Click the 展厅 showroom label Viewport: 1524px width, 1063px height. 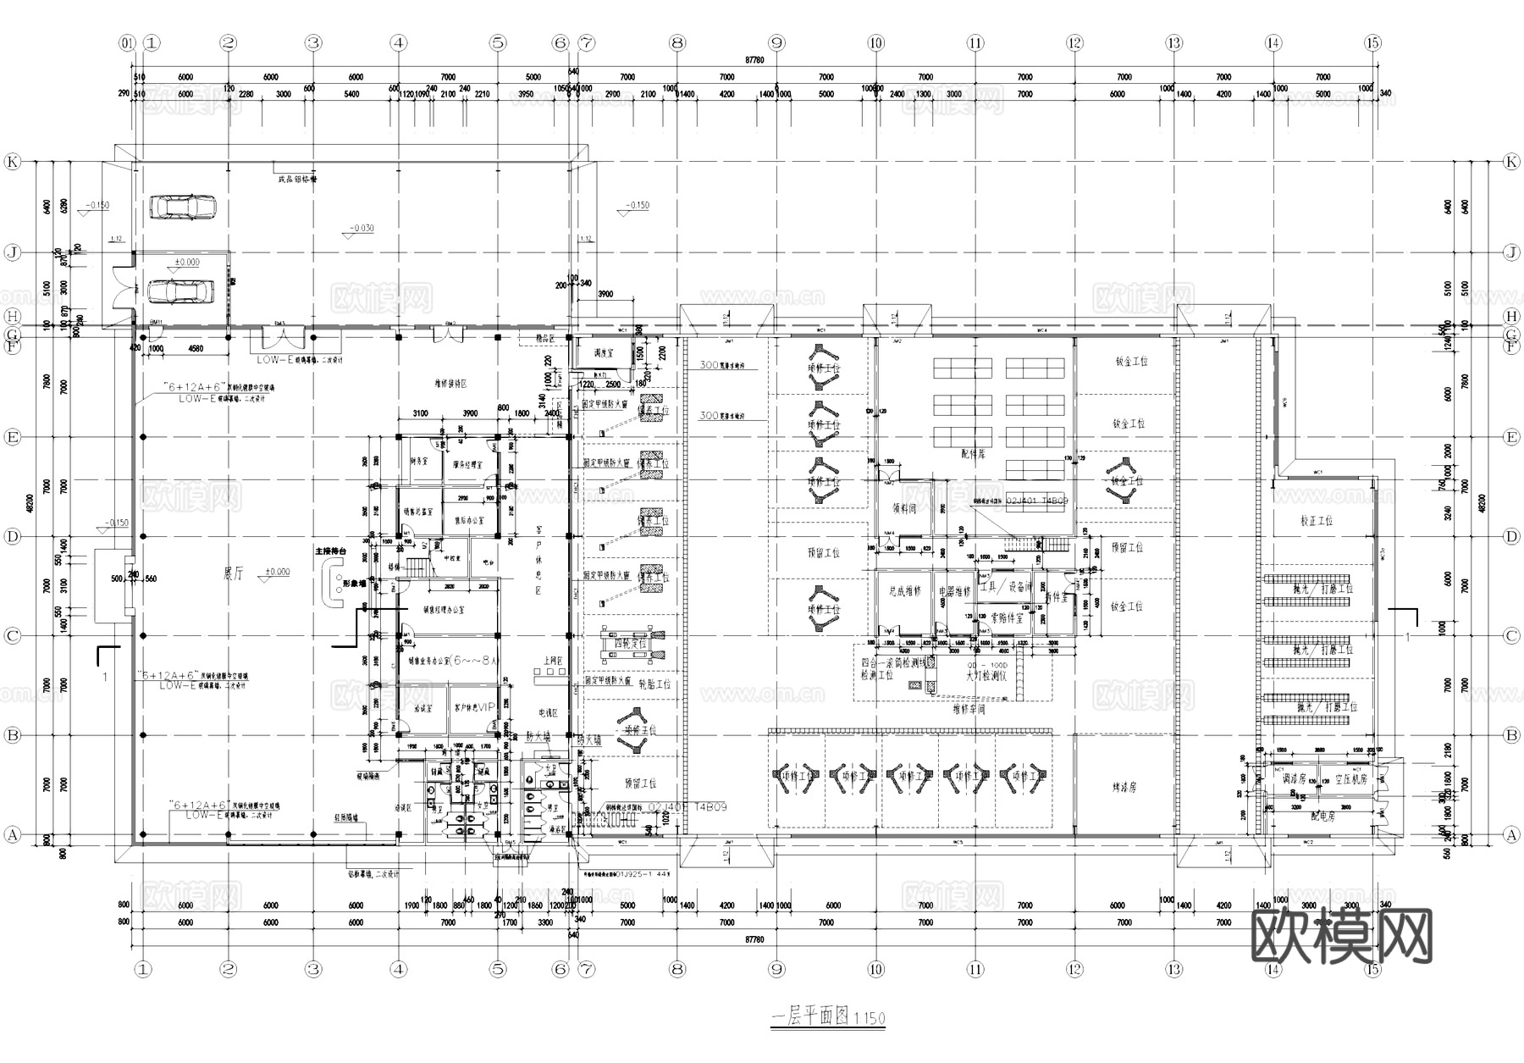[x=233, y=573]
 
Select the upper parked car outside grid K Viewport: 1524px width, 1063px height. [x=181, y=207]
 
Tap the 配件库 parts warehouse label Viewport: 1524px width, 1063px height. [x=974, y=454]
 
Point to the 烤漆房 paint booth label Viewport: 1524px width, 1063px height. [x=1124, y=787]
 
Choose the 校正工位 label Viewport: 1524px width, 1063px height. [x=1316, y=520]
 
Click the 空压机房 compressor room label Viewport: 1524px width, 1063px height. [x=1350, y=779]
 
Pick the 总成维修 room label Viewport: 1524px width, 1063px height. [x=904, y=591]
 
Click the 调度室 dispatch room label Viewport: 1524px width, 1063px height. [x=603, y=353]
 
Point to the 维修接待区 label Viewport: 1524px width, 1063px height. [x=450, y=384]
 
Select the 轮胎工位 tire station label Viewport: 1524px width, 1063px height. [x=654, y=684]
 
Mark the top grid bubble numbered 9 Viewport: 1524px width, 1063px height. [x=776, y=43]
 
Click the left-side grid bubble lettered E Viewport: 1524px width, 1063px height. [x=12, y=437]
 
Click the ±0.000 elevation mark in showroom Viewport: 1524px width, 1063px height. [x=276, y=572]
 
